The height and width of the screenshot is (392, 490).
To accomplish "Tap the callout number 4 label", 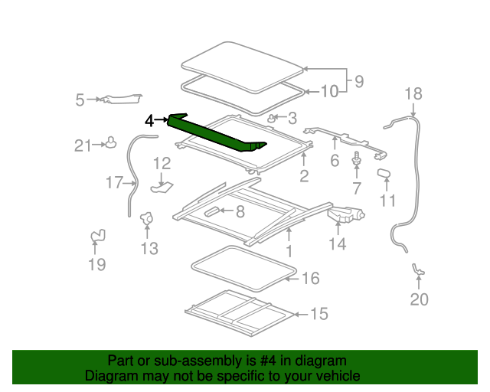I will pyautogui.click(x=150, y=120).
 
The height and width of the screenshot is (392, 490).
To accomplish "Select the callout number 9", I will pyautogui.click(x=358, y=80).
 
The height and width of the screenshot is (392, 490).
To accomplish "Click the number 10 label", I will pyautogui.click(x=328, y=93).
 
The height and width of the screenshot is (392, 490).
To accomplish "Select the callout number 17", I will pyautogui.click(x=114, y=182).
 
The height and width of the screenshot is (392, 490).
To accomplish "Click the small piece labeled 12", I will pyautogui.click(x=162, y=184).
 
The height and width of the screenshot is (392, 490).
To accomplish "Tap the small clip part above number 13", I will pyautogui.click(x=147, y=220).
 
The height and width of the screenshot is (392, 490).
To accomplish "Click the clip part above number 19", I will pyautogui.click(x=97, y=237).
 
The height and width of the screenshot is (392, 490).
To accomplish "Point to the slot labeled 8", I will pyautogui.click(x=210, y=211).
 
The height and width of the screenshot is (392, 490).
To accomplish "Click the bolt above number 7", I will pyautogui.click(x=357, y=159).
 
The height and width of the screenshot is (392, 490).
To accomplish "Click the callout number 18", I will pyautogui.click(x=413, y=94).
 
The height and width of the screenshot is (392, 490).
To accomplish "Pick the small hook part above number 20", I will pyautogui.click(x=419, y=269).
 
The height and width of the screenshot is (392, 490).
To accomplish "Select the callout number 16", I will pyautogui.click(x=310, y=279).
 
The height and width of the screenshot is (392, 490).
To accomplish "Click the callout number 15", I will pyautogui.click(x=318, y=315).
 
